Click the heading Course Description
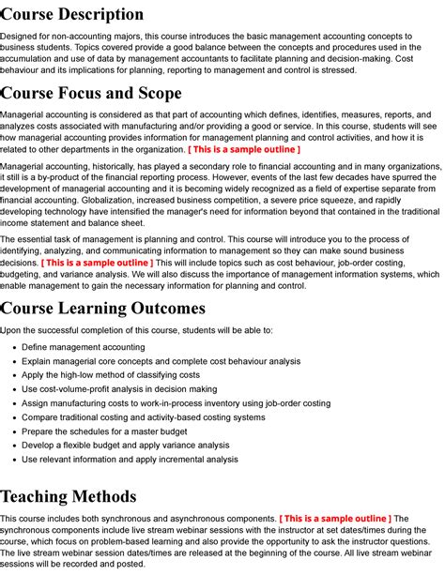pyautogui.click(x=72, y=15)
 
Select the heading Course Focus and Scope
pyautogui.click(x=91, y=93)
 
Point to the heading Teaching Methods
pyautogui.click(x=69, y=496)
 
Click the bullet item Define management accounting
pyautogui.click(x=83, y=346)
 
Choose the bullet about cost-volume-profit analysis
pyautogui.click(x=119, y=388)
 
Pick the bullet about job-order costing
pyautogui.click(x=176, y=402)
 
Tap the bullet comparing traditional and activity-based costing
pyautogui.click(x=143, y=416)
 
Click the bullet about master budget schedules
pyautogui.click(x=104, y=431)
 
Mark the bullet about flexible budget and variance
pyautogui.click(x=125, y=445)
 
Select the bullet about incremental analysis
pyautogui.click(x=130, y=460)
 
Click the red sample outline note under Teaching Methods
pyautogui.click(x=334, y=518)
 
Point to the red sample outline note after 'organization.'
pyautogui.click(x=244, y=149)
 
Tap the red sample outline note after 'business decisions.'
pyautogui.click(x=98, y=263)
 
